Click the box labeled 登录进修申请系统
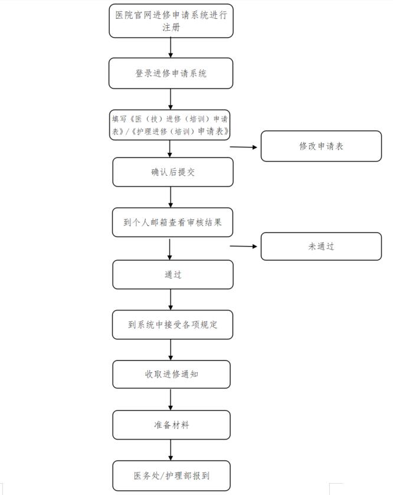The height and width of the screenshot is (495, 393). [x=171, y=73]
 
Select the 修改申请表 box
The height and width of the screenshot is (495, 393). [x=321, y=146]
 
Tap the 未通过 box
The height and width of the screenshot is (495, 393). [x=321, y=246]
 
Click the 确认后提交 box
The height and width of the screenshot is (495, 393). [x=173, y=172]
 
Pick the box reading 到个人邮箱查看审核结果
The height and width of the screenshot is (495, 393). [x=173, y=222]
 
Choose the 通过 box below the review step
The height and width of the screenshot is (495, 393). [x=173, y=275]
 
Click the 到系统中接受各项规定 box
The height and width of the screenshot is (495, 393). [x=173, y=324]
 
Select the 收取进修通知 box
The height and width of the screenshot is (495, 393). [x=171, y=375]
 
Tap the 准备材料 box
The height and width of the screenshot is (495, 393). [x=171, y=425]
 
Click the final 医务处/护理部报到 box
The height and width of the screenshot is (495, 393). [x=171, y=476]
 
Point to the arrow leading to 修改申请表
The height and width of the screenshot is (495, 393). [x=243, y=147]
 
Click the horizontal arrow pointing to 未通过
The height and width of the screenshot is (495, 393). [x=243, y=246]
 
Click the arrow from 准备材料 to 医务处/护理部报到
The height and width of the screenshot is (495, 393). [x=171, y=450]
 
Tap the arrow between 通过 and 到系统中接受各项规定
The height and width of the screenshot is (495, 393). [x=171, y=300]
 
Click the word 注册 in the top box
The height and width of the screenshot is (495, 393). [x=171, y=28]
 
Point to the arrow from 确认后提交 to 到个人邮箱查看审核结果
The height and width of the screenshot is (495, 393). [x=171, y=197]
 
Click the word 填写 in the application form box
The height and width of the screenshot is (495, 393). [x=119, y=119]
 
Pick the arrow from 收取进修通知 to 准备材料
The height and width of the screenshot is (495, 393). [x=171, y=399]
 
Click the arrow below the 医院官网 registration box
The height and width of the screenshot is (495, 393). [x=171, y=48]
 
